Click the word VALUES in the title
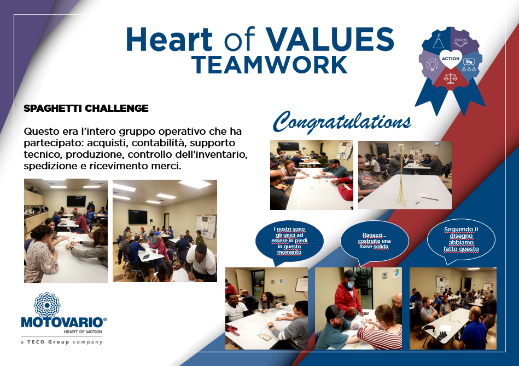(x=330, y=39)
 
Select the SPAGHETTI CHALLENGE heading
(x=86, y=108)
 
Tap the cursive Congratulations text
(x=342, y=122)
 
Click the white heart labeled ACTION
(x=451, y=59)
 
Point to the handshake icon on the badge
(x=460, y=42)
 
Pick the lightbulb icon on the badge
(x=432, y=64)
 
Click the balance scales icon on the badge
(x=451, y=78)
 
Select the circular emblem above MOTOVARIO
(x=48, y=304)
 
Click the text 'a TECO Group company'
(x=62, y=342)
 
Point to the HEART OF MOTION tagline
(x=83, y=331)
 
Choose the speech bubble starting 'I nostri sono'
(x=289, y=241)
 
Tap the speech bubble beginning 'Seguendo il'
(x=461, y=239)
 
